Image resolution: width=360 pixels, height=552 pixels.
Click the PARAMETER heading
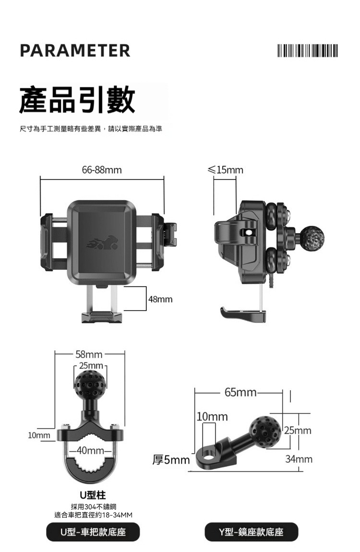point(75,50)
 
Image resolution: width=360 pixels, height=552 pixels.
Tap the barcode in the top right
point(307,50)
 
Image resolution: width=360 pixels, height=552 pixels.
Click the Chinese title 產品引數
point(77,100)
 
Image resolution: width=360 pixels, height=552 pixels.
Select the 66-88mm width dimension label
point(102,170)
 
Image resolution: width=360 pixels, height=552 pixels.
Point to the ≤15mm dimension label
point(225,170)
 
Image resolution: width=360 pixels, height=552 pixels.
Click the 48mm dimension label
point(160,300)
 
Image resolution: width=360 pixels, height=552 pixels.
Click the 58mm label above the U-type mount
point(89,355)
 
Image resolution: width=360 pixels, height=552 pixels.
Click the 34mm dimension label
point(299,459)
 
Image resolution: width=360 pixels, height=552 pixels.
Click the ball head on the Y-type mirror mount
point(264,432)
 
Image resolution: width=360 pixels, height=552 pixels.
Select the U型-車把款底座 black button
point(93,532)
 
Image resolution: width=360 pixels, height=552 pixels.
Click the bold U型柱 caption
point(93,495)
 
